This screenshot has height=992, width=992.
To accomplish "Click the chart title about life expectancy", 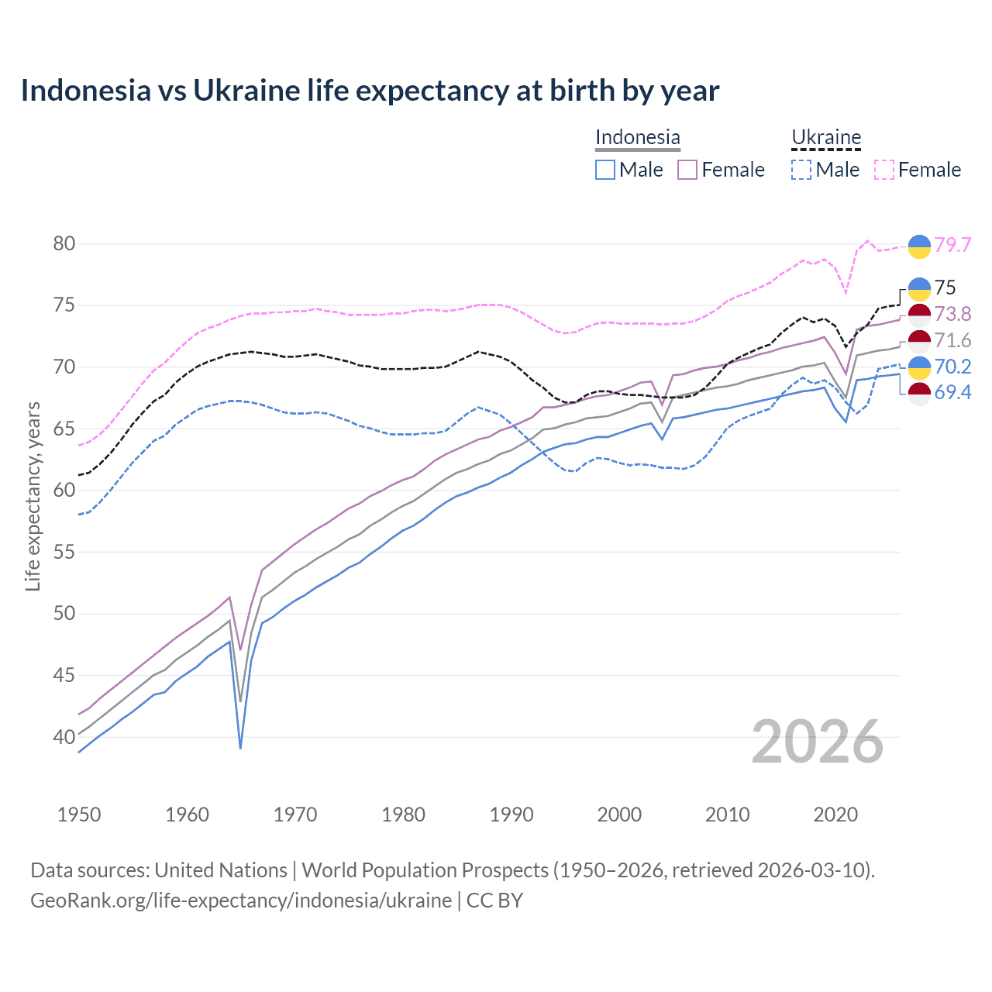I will (x=370, y=91).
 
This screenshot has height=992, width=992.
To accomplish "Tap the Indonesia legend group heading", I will (x=637, y=138).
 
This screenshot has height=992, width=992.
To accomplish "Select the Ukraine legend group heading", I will (x=826, y=138).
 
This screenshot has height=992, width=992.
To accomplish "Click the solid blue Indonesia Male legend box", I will (x=605, y=170).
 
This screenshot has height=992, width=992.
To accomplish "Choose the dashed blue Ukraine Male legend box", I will (x=801, y=170).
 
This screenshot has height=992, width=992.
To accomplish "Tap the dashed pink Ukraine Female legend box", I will (x=884, y=170).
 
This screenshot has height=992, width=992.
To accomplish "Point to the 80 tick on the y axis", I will (x=64, y=244).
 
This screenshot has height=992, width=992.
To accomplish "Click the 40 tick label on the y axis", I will (x=64, y=737).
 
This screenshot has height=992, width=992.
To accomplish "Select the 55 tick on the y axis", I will (x=64, y=553).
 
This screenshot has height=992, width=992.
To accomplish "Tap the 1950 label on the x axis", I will (x=79, y=815).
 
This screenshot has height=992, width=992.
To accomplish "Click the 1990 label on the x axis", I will (x=511, y=815).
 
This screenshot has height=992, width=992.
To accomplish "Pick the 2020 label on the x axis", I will (x=835, y=815).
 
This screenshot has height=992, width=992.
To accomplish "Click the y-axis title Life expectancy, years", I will (x=33, y=496).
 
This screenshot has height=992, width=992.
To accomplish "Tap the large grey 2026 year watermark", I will (x=818, y=742).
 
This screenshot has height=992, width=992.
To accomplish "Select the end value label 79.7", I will (x=952, y=245).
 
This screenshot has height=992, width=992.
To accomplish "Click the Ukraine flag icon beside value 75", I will (x=919, y=288).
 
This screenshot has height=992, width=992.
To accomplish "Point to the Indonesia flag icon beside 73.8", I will (x=919, y=315).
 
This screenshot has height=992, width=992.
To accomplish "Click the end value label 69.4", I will (x=952, y=393).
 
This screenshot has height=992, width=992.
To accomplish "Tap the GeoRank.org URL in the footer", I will (x=241, y=901).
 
